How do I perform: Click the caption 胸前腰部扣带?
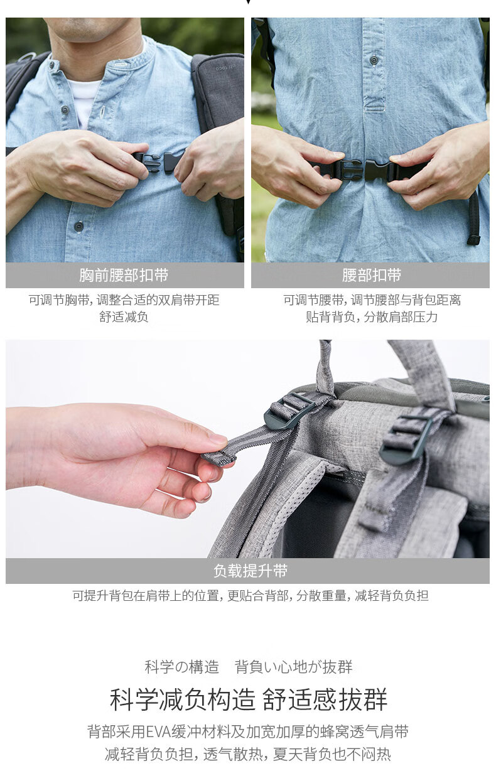tap(124, 275)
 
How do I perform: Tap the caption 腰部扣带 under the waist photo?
tap(372, 275)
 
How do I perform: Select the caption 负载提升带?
tap(251, 571)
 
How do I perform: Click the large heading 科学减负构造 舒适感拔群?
tap(249, 700)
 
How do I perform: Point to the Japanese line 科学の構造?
tap(181, 667)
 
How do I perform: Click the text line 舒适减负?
tap(124, 316)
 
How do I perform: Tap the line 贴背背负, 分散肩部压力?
tap(372, 316)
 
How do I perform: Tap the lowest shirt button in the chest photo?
tap(79, 226)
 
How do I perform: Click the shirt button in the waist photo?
tap(374, 60)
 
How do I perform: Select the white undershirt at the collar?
tap(84, 100)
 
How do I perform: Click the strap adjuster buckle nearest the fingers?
tap(290, 411)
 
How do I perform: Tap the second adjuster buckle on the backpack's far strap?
tap(406, 439)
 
